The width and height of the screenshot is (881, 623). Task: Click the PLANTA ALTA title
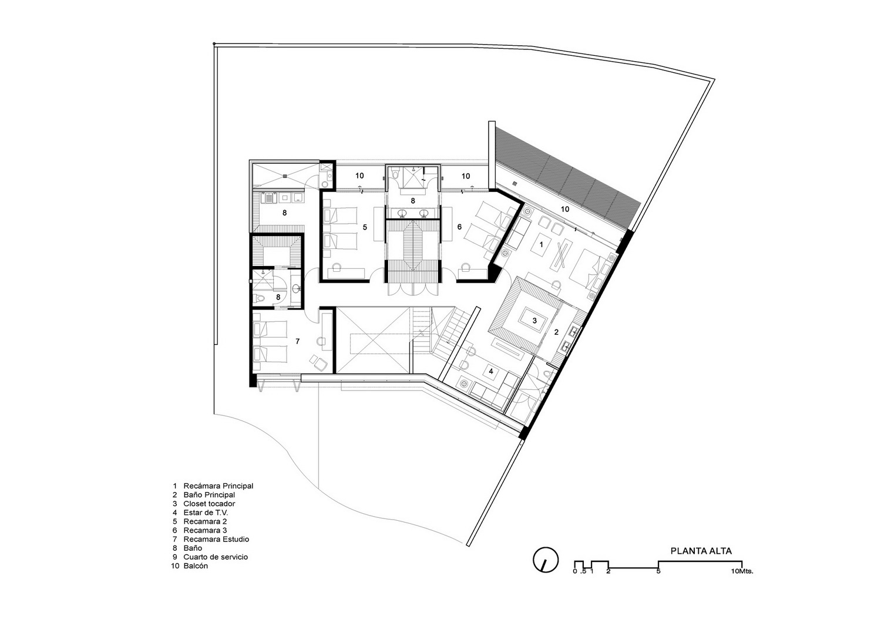[x=701, y=551]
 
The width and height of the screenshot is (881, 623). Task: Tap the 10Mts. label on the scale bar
[x=742, y=571]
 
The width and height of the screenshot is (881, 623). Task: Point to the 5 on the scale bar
[x=658, y=571]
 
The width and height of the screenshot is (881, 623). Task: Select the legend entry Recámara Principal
[x=218, y=486]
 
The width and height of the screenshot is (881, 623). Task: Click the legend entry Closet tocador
[x=209, y=503]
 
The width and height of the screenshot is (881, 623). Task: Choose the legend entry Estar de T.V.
[x=206, y=513]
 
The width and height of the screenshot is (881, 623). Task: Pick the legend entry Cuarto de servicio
[x=216, y=557]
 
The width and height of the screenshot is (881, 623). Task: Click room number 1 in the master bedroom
[x=541, y=245]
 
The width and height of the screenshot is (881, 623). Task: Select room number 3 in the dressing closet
[x=534, y=321]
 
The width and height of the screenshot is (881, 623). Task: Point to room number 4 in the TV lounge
[x=491, y=371]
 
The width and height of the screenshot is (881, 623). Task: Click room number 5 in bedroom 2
[x=365, y=227]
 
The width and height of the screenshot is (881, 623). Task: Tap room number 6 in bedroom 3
[x=459, y=227]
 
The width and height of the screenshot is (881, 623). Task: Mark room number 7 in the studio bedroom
[x=298, y=341]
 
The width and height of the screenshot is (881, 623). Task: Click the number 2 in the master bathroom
[x=557, y=332]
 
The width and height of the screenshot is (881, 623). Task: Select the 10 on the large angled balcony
[x=565, y=209]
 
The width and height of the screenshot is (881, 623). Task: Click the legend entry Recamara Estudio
[x=216, y=539]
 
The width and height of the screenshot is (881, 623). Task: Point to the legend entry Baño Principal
[x=209, y=495]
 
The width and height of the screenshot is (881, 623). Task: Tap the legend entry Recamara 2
[x=205, y=521]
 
